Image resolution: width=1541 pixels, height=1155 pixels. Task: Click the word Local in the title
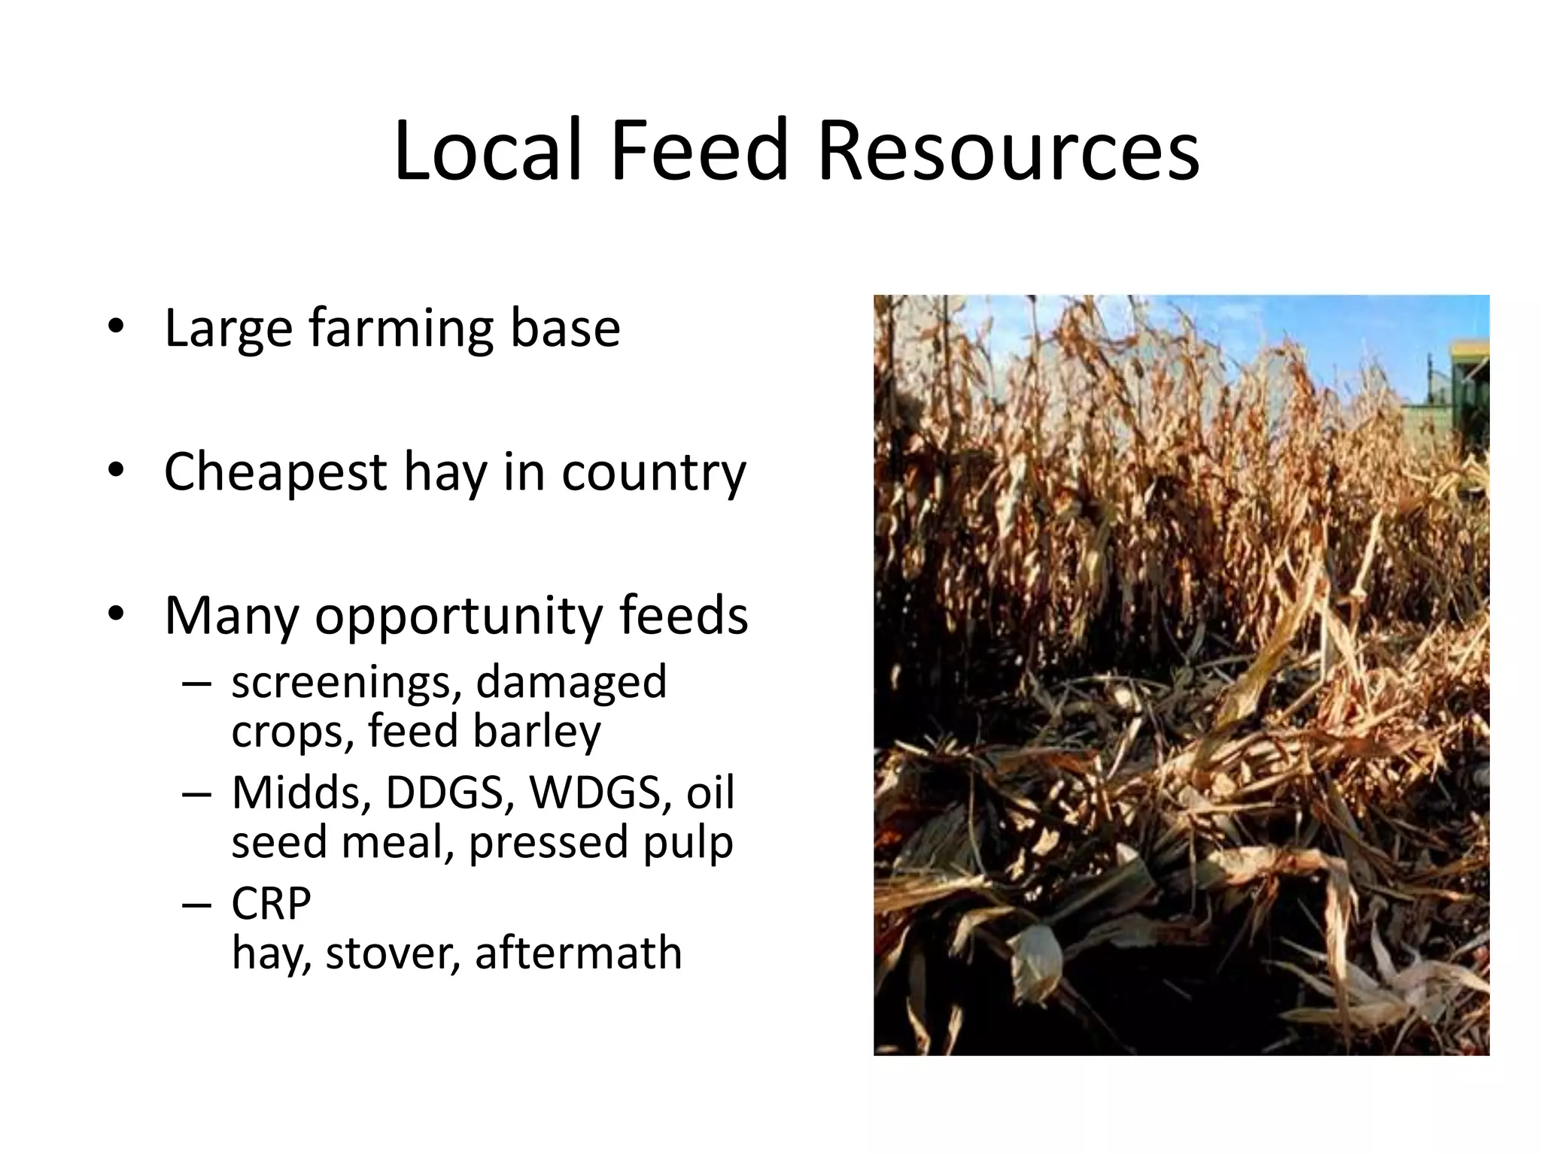pyautogui.click(x=487, y=150)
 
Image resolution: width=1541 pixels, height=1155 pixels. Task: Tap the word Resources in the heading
pyautogui.click(x=1008, y=150)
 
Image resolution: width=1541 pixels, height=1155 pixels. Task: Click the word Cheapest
pyautogui.click(x=275, y=472)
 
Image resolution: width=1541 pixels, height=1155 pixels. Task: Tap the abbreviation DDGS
pyautogui.click(x=450, y=793)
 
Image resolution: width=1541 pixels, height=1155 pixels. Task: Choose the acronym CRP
pyautogui.click(x=271, y=904)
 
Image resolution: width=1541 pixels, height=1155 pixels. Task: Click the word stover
pyautogui.click(x=392, y=953)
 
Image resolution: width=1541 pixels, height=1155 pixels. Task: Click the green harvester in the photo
pyautogui.click(x=1467, y=391)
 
